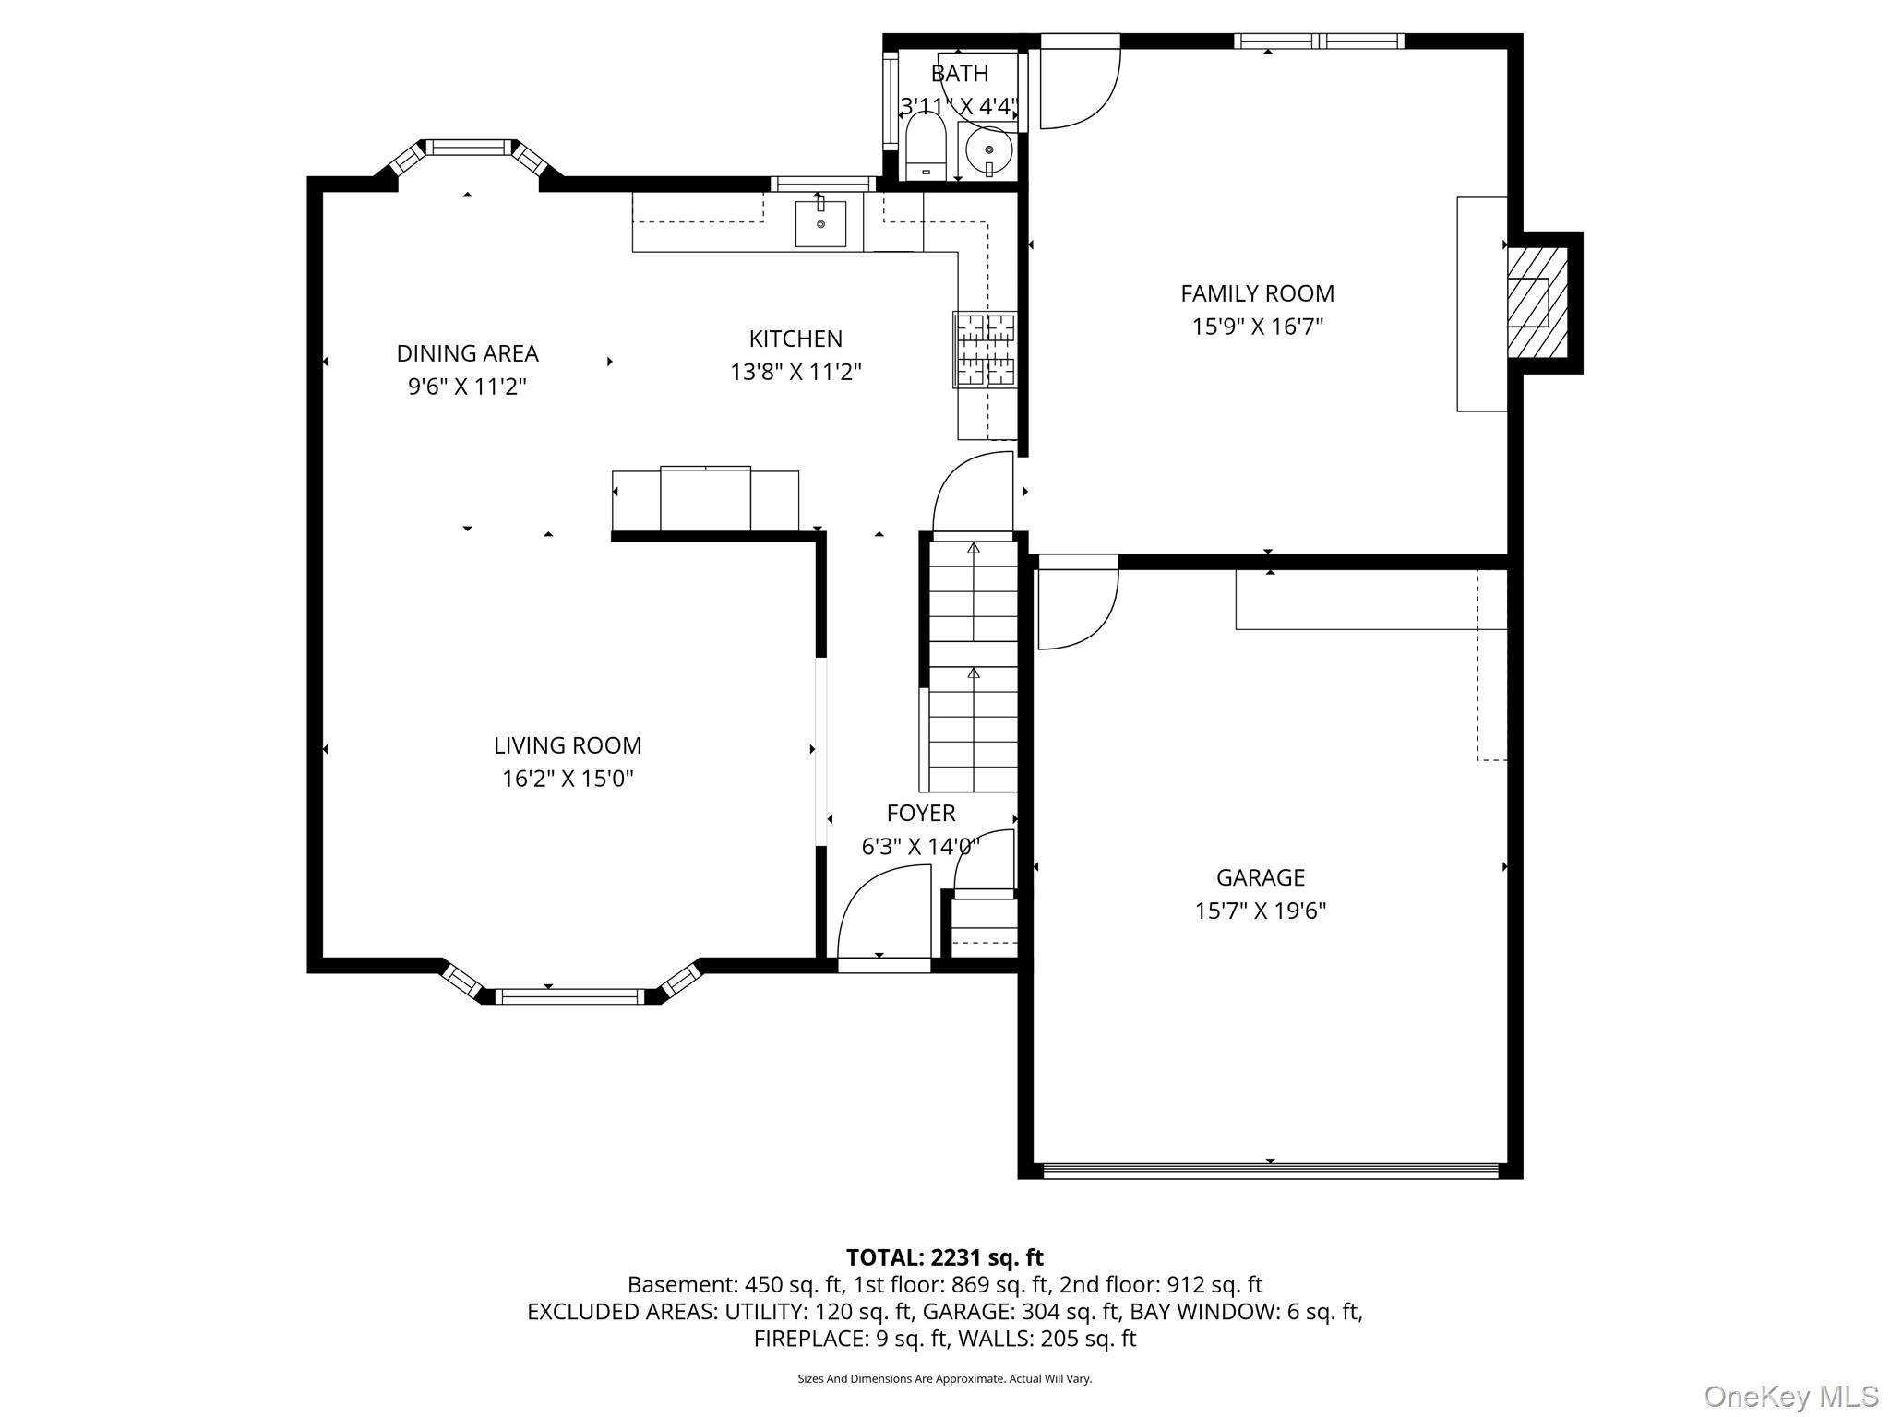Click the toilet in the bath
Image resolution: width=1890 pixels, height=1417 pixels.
[x=926, y=147]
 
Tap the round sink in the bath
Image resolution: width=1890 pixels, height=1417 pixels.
[x=989, y=149]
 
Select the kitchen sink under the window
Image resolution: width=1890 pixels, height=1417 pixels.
[x=820, y=223]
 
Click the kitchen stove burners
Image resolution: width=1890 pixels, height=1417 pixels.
[x=986, y=350]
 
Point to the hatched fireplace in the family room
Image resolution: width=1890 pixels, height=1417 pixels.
[x=1537, y=303]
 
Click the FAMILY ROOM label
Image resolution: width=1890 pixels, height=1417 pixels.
[x=1257, y=293]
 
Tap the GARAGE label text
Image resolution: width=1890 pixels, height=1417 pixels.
[x=1261, y=877]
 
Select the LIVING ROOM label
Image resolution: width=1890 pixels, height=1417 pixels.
[x=568, y=745]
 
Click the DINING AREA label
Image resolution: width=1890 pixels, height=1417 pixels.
[x=467, y=353]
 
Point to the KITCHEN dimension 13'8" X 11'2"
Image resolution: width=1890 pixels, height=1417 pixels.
[x=795, y=372]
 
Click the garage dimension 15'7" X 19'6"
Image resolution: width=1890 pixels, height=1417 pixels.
[x=1261, y=911]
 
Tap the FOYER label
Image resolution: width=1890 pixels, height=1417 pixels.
[x=921, y=813]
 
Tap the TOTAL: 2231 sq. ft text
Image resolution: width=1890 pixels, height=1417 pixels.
[x=945, y=1257]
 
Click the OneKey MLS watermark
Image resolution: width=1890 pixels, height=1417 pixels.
[x=1791, y=1396]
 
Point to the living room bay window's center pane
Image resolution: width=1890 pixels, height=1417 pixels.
[x=568, y=996]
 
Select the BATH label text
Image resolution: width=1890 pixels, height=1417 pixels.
[x=960, y=73]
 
